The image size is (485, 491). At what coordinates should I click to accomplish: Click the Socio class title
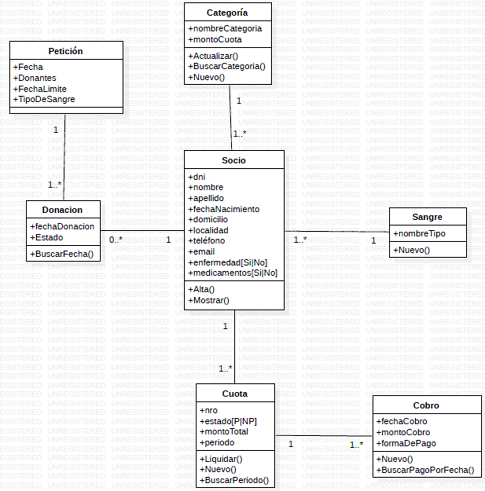pyautogui.click(x=234, y=160)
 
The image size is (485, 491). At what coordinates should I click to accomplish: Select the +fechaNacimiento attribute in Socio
pyautogui.click(x=224, y=209)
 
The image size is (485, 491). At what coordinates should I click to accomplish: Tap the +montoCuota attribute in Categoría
pyautogui.click(x=215, y=39)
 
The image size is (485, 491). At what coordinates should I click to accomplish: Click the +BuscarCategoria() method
pyautogui.click(x=227, y=66)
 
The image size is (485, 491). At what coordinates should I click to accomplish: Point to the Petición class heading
pyautogui.click(x=66, y=51)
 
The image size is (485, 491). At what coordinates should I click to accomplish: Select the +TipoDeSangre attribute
pyautogui.click(x=44, y=99)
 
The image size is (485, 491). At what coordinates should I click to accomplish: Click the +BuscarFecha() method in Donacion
pyautogui.click(x=62, y=254)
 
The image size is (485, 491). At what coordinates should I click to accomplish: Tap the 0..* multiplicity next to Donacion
pyautogui.click(x=116, y=240)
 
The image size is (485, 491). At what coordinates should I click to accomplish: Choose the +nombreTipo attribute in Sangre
pyautogui.click(x=419, y=233)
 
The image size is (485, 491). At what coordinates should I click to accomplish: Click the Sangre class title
pyautogui.click(x=427, y=217)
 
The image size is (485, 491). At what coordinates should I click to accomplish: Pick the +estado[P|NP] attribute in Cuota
pyautogui.click(x=228, y=421)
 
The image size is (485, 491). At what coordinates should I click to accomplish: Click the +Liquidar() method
pyautogui.click(x=221, y=458)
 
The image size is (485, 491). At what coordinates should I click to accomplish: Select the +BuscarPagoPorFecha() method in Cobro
pyautogui.click(x=425, y=470)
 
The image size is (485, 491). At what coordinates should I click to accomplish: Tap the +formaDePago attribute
pyautogui.click(x=406, y=443)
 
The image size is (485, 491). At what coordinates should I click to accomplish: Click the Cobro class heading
pyautogui.click(x=426, y=405)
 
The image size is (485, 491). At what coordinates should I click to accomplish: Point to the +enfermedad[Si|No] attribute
pyautogui.click(x=228, y=262)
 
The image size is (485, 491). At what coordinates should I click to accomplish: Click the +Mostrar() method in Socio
pyautogui.click(x=209, y=300)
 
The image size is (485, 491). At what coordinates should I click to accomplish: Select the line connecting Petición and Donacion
pyautogui.click(x=64, y=155)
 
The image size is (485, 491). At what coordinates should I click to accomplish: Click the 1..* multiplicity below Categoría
pyautogui.click(x=239, y=133)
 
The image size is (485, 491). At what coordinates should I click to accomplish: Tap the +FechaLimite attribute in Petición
pyautogui.click(x=40, y=88)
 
